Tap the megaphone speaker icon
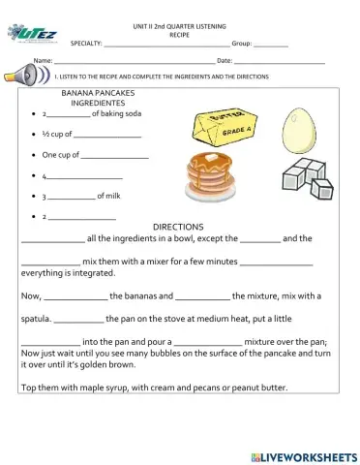(x=27, y=76)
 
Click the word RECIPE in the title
(x=179, y=32)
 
